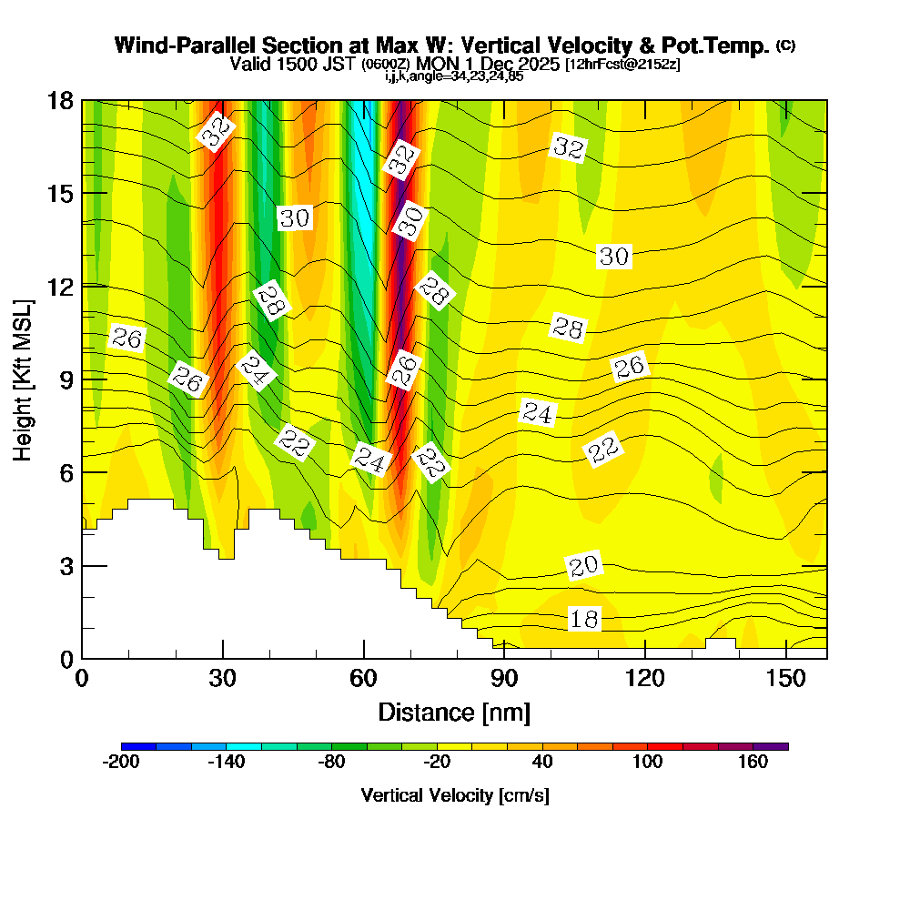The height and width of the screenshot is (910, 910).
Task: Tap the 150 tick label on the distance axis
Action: [x=785, y=678]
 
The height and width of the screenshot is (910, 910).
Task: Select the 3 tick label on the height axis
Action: [x=66, y=565]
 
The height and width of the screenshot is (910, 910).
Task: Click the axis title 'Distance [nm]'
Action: [x=454, y=712]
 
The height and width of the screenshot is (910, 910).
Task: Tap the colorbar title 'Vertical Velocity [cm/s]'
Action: [x=454, y=795]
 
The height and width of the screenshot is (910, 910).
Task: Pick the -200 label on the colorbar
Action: [x=121, y=763]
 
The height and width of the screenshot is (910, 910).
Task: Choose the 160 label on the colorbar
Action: [x=753, y=763]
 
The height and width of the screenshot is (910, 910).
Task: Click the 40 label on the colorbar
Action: [x=542, y=763]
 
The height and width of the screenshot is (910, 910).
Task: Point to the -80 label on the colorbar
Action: [x=331, y=763]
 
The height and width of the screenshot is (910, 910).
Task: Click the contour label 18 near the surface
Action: [x=584, y=620]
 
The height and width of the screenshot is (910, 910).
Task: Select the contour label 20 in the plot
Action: [x=583, y=567]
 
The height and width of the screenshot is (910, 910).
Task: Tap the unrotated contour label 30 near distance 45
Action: [x=294, y=218]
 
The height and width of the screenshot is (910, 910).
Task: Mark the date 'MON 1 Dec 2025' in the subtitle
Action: [x=487, y=65]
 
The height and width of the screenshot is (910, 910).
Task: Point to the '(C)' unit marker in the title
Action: [x=785, y=45]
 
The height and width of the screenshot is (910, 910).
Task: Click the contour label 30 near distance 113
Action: [x=614, y=257]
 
